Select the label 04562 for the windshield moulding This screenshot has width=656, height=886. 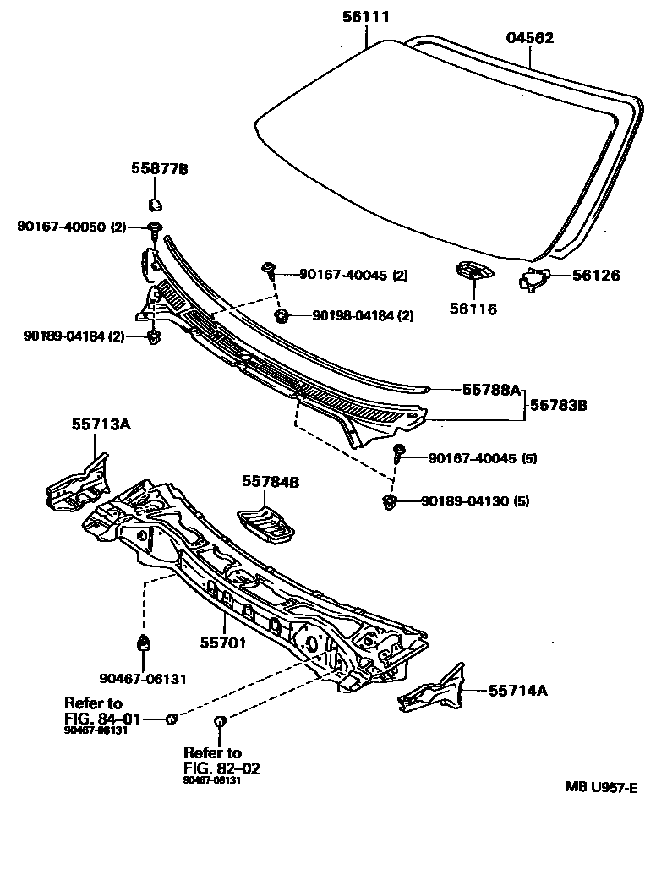[x=530, y=37]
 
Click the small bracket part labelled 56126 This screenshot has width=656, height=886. [x=532, y=277]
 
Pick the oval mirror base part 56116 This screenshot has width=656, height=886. [x=473, y=272]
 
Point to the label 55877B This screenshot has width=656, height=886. [x=159, y=169]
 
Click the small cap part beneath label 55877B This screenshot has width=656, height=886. [x=155, y=203]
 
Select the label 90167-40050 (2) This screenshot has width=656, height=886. [x=71, y=227]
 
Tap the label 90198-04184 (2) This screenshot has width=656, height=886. [x=363, y=316]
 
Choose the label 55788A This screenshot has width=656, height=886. [x=490, y=390]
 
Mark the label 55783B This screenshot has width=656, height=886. [x=559, y=405]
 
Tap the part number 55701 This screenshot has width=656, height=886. [x=222, y=643]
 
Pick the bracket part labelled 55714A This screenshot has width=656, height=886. [x=435, y=690]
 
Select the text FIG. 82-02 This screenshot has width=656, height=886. [x=221, y=768]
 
